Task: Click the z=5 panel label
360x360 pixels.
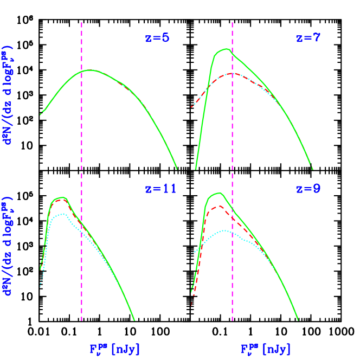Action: click(x=157, y=38)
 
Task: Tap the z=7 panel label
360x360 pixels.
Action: click(x=308, y=38)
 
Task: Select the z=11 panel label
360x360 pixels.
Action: click(x=160, y=189)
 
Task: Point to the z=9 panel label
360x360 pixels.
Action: click(x=308, y=189)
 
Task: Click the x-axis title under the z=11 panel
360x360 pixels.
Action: click(x=115, y=349)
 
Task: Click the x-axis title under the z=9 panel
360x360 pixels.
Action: click(x=266, y=349)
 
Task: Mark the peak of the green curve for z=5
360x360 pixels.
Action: click(x=91, y=70)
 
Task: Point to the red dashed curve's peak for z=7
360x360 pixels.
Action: click(x=232, y=73)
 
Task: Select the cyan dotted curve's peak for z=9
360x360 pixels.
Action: click(x=225, y=231)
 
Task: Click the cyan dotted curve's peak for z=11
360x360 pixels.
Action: click(x=63, y=214)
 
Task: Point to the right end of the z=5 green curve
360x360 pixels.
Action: click(x=177, y=169)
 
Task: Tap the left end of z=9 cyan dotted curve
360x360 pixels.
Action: click(x=192, y=254)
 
